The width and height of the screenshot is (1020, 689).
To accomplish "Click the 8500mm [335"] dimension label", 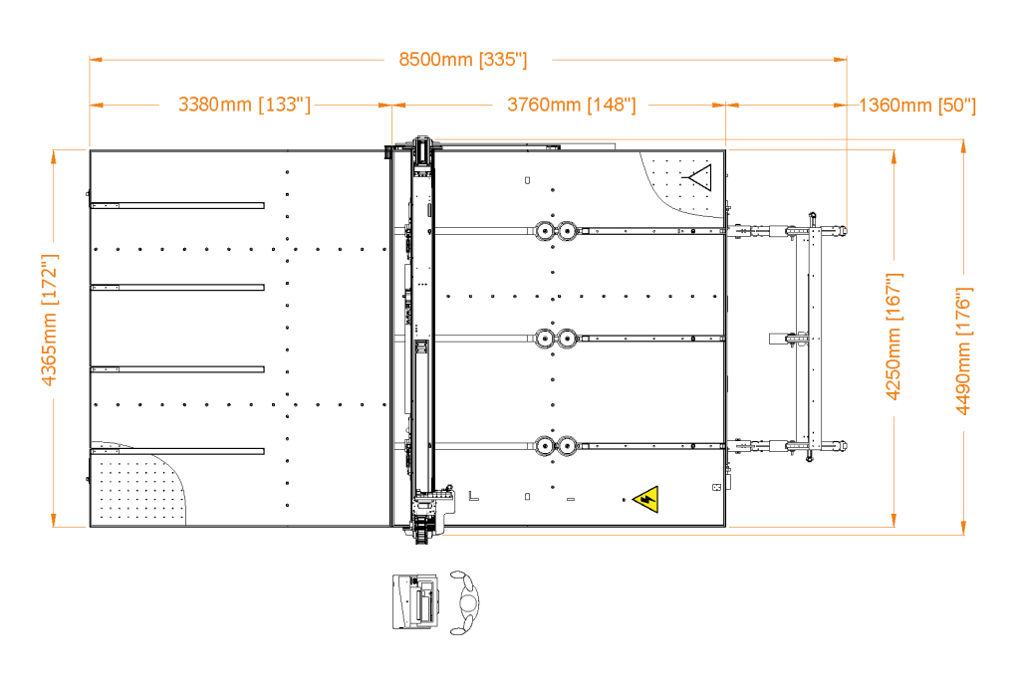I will tap(463, 60).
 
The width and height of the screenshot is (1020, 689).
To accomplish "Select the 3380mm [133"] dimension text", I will tap(244, 105).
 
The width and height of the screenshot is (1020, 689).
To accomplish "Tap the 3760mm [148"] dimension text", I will tap(571, 105).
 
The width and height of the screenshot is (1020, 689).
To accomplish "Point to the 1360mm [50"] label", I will tap(916, 106).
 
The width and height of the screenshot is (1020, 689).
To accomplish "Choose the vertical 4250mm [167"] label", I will tap(893, 336).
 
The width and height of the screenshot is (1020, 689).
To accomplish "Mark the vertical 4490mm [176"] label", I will tap(963, 350).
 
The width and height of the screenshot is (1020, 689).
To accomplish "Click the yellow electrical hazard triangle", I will tap(647, 499).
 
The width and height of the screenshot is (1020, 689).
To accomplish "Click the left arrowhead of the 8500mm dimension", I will tap(96, 60).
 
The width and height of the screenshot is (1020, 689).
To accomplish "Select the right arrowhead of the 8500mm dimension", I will tap(841, 60).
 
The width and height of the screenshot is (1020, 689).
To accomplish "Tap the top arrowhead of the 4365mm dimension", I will tap(55, 155).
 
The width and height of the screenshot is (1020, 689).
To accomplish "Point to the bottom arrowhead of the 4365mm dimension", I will tap(55, 521).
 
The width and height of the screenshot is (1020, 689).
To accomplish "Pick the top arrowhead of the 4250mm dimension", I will tap(893, 156).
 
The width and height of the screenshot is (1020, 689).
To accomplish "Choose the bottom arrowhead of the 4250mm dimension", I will tap(893, 521).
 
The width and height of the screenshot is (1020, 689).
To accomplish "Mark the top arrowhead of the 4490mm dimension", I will tap(963, 146).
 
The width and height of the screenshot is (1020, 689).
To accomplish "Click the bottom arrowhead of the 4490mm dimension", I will tap(963, 529).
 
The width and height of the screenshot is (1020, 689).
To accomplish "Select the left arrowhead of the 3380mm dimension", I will tap(97, 104).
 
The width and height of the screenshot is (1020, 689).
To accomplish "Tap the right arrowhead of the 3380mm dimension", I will tap(385, 104).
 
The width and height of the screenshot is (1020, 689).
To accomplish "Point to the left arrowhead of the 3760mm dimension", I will tap(398, 104).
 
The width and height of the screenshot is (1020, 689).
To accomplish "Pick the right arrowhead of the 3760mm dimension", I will tap(718, 104).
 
